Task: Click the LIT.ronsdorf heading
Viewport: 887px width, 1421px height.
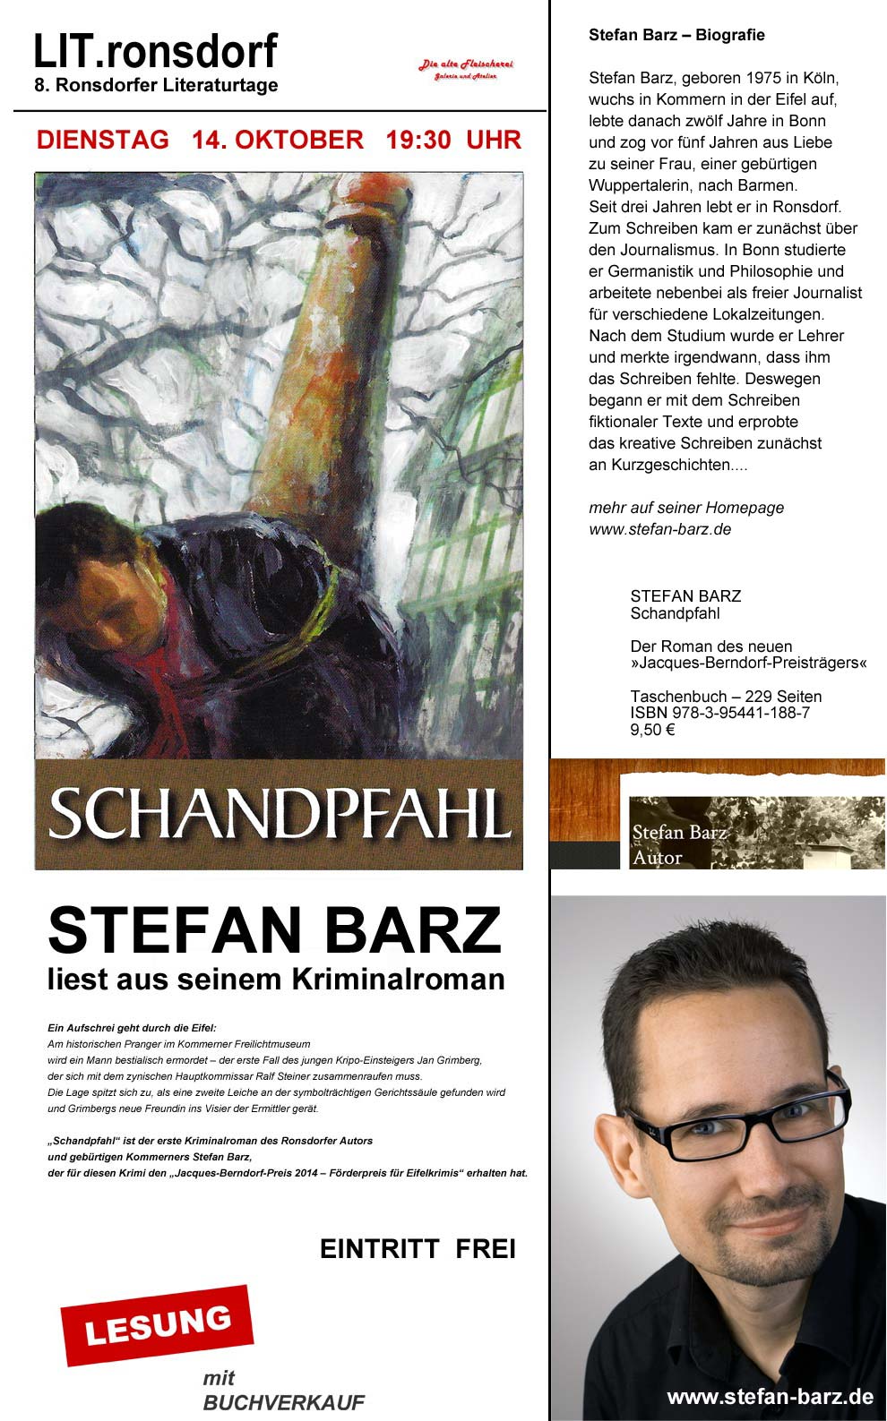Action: coord(155,52)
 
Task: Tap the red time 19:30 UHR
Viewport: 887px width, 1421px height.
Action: coord(453,140)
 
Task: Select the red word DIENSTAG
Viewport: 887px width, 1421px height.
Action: coord(103,140)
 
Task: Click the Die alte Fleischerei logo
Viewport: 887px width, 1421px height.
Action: coord(466,70)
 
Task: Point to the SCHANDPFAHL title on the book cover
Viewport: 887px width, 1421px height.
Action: coord(279,814)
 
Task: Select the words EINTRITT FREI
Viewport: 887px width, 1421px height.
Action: coord(418,1249)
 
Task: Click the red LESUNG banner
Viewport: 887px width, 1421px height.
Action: coord(157,1325)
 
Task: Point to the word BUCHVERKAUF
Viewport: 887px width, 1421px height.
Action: coord(284,1402)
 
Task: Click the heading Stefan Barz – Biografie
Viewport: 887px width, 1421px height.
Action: coord(676,35)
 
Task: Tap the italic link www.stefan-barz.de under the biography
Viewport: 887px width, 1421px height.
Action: coord(659,529)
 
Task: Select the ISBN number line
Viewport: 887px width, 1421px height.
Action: coord(719,713)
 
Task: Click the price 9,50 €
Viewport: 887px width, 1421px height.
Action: coord(652,730)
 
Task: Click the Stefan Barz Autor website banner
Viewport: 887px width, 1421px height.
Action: coord(717,815)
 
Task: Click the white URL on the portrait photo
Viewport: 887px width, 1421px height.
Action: coord(770,1396)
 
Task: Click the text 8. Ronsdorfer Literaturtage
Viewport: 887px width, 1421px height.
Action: coord(156,86)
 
